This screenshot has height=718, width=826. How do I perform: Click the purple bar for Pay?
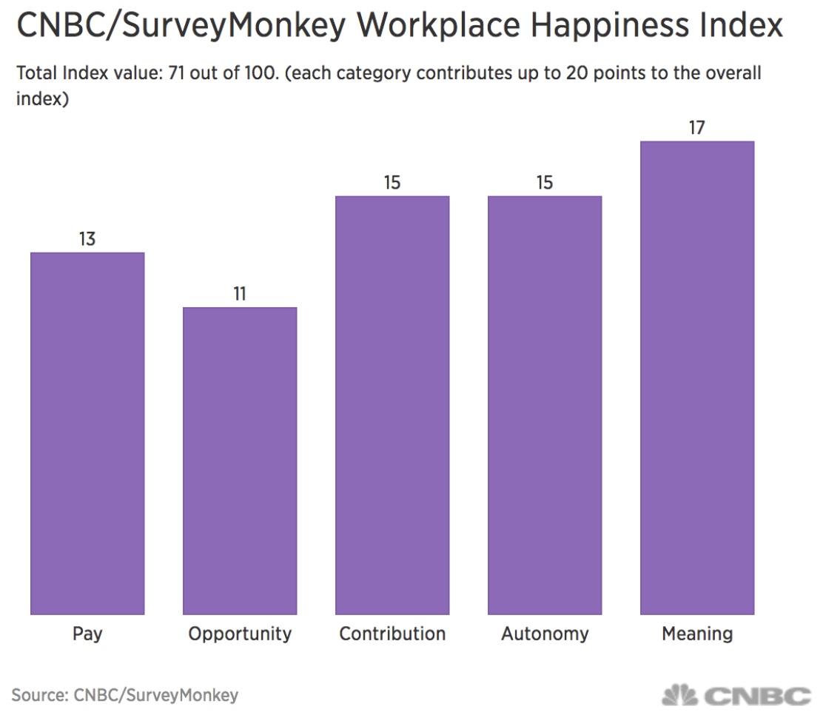pos(87,433)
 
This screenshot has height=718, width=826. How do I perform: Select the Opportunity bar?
pos(240,460)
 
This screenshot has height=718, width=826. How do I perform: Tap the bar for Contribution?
pos(392,405)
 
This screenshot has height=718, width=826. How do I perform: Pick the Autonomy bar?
pos(545,405)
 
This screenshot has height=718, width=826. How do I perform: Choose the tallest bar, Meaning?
pos(697,378)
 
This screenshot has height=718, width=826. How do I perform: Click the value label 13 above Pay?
pos(87,239)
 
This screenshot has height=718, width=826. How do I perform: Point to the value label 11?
pos(240,294)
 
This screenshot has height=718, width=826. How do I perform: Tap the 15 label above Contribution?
pos(392,183)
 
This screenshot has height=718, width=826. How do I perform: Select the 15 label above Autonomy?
pos(545,183)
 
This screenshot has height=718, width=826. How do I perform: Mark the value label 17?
pos(696,128)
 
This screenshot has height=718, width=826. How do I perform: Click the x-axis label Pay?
pos(87,634)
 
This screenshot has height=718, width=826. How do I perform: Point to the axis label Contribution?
pos(392,634)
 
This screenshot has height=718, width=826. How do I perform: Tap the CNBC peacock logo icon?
pos(679,696)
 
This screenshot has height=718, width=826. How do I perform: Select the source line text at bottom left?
pos(125,695)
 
